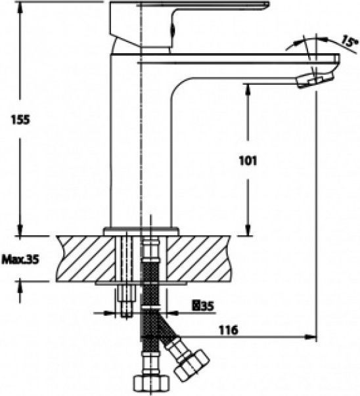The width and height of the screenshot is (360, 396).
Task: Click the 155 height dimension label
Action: click(20, 120)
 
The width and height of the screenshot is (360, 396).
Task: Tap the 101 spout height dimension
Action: click(248, 161)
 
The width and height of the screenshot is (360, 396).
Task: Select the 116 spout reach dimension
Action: click(228, 330)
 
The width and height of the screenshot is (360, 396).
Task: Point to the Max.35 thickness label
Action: click(20, 259)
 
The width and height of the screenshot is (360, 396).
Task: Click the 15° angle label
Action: click(350, 41)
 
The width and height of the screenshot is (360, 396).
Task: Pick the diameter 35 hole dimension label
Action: click(203, 306)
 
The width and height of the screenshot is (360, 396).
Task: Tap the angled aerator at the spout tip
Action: click(315, 79)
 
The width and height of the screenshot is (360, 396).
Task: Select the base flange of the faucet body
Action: click(141, 231)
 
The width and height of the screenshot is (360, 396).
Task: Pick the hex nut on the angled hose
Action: click(192, 365)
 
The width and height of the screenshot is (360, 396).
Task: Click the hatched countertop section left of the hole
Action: click(85, 259)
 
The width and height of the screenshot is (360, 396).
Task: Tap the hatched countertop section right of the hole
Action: click(198, 259)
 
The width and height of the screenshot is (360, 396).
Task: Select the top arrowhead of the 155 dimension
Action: click(20, 8)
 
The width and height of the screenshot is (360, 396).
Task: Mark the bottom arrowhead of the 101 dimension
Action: click(248, 230)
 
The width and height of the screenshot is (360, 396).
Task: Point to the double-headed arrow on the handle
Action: click(173, 30)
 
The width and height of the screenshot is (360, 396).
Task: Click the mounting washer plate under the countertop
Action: click(141, 283)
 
